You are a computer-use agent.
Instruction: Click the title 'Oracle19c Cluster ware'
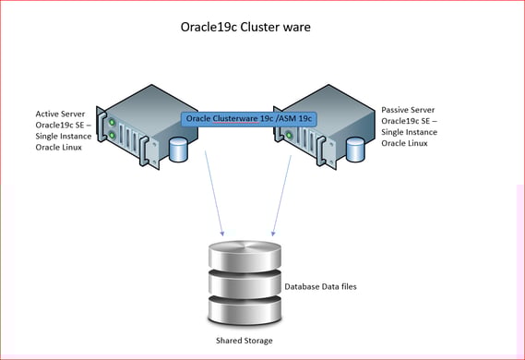point(245,27)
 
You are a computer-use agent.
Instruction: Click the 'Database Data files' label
point(320,287)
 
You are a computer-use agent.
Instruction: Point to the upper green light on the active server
point(111,121)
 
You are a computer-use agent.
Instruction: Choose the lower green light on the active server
point(112,135)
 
